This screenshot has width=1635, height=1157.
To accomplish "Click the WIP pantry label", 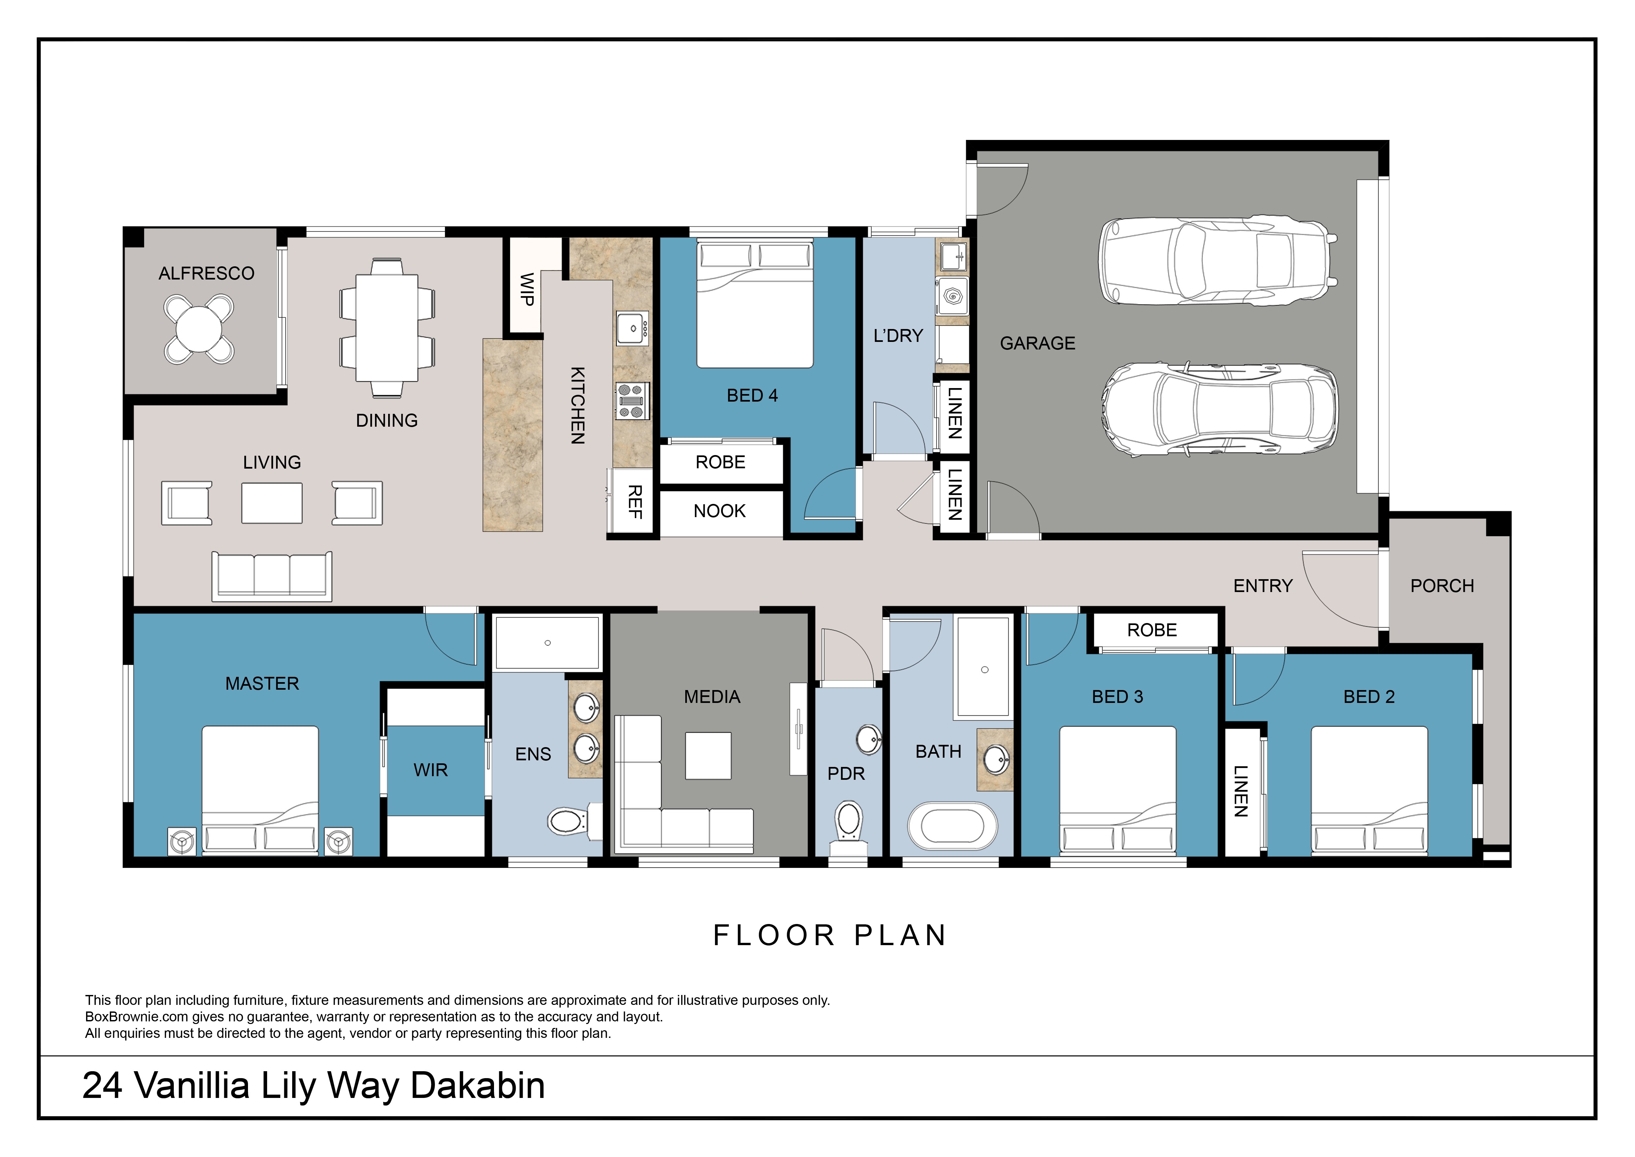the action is [527, 289].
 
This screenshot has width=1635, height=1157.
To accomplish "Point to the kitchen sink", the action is [632, 329].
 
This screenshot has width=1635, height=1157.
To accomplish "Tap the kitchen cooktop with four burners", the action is [632, 401].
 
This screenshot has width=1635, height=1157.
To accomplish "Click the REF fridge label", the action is [634, 502].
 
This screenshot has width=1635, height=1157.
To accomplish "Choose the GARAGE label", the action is [1037, 344].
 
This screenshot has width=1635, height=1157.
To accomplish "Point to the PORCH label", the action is [1442, 586].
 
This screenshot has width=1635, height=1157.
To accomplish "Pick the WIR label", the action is [431, 770].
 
